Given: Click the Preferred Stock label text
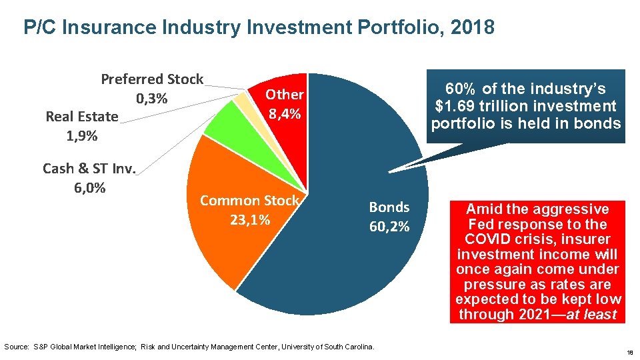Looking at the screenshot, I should click(152, 79).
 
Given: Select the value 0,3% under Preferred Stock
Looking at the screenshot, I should click(151, 99).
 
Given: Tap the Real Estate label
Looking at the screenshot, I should click(81, 117).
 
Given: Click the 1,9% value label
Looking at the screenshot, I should click(81, 136).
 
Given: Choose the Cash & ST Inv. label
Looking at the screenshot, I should click(89, 169).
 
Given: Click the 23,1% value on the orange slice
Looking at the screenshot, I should click(250, 219).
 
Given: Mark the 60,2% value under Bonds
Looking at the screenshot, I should click(389, 227).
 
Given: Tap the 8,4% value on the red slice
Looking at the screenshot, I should click(285, 113).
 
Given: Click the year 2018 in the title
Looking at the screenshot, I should click(473, 27).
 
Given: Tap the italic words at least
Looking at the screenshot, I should click(591, 315).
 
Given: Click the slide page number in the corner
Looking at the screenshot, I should click(631, 351).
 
